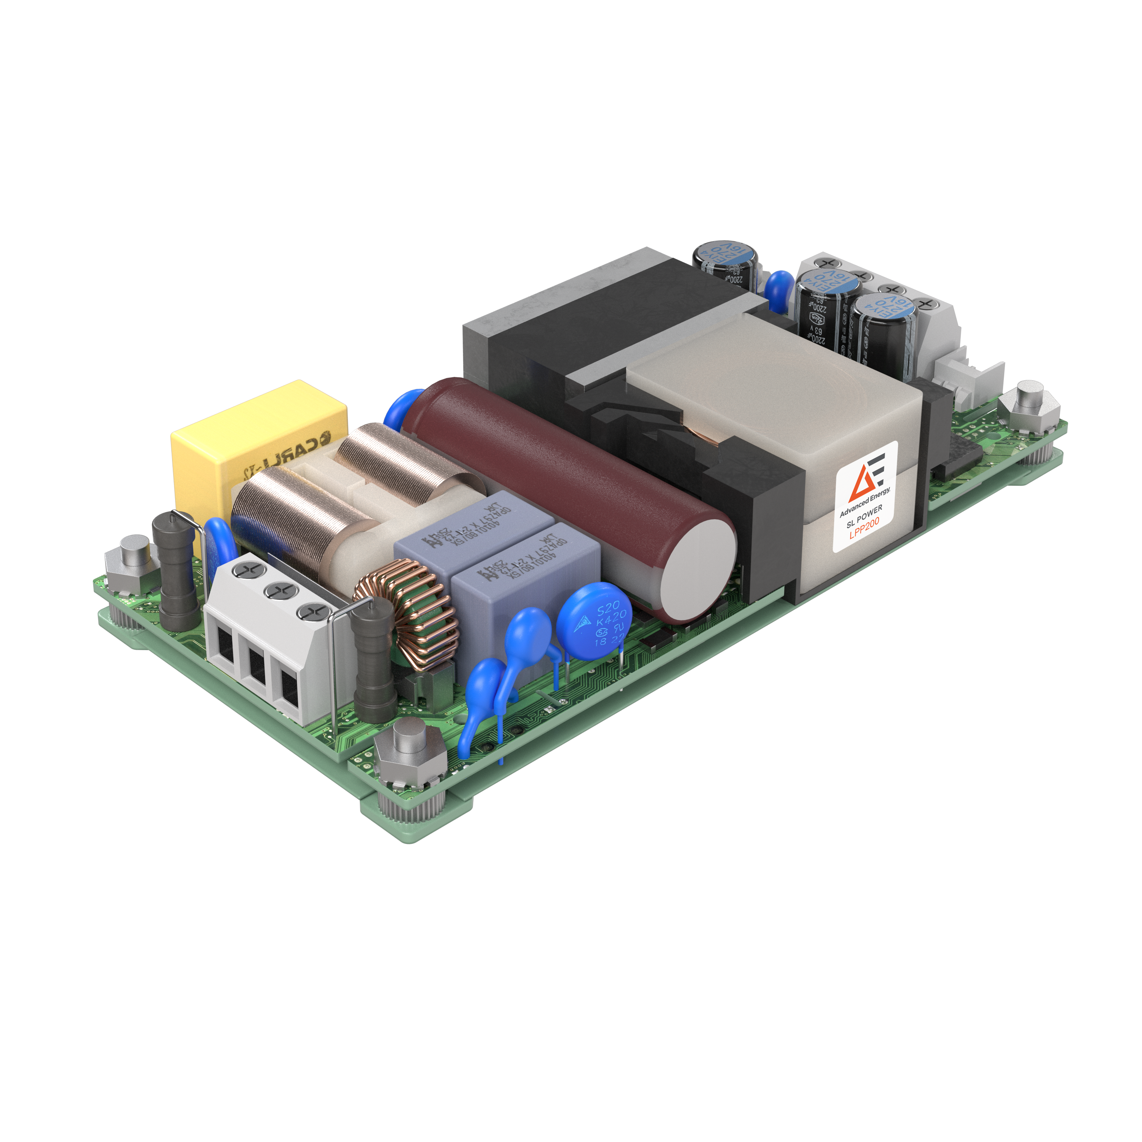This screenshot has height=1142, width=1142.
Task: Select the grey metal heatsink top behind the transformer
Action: [x=568, y=295]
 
